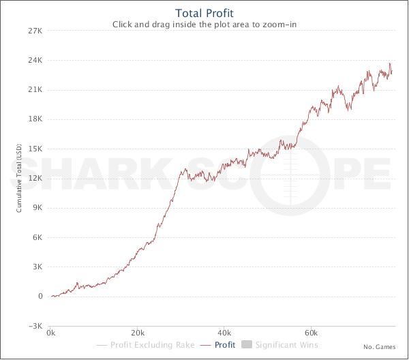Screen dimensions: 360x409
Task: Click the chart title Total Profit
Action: click(x=204, y=13)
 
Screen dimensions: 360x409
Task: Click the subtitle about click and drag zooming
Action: click(x=204, y=25)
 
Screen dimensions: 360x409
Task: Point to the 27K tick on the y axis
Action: click(x=35, y=31)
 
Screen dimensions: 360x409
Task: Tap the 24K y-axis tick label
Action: click(x=35, y=60)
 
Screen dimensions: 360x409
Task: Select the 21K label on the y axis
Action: click(x=35, y=89)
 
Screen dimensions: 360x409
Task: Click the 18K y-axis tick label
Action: click(x=35, y=119)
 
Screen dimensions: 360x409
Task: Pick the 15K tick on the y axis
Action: click(x=35, y=149)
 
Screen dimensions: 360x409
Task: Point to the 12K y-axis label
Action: click(x=35, y=178)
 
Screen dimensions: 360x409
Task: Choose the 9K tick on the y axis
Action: click(x=37, y=208)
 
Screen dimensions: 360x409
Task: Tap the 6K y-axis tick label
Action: click(x=37, y=237)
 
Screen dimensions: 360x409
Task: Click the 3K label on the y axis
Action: click(x=37, y=267)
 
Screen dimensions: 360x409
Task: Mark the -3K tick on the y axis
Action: click(x=35, y=326)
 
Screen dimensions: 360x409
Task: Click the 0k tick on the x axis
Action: click(x=51, y=334)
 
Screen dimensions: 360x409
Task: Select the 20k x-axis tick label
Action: click(x=138, y=334)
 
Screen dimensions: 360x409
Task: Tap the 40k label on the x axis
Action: click(x=224, y=334)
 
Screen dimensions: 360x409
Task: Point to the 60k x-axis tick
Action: click(x=311, y=334)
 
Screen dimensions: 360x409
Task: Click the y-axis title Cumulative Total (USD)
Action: click(x=20, y=178)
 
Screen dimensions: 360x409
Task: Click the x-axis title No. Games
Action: click(x=379, y=347)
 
